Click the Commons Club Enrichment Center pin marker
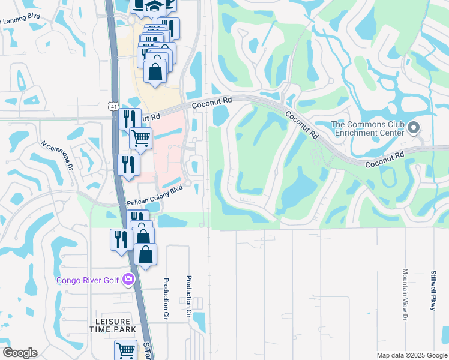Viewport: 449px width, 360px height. [413, 128]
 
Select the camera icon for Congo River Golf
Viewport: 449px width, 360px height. [128, 279]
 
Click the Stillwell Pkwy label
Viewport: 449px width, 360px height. [433, 290]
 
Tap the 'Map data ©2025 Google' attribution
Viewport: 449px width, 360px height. [411, 355]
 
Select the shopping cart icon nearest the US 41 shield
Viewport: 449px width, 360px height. [140, 138]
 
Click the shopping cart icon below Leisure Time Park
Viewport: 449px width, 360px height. [125, 350]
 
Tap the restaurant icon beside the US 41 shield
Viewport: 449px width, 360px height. [130, 118]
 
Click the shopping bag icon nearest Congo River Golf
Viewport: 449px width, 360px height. [146, 254]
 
